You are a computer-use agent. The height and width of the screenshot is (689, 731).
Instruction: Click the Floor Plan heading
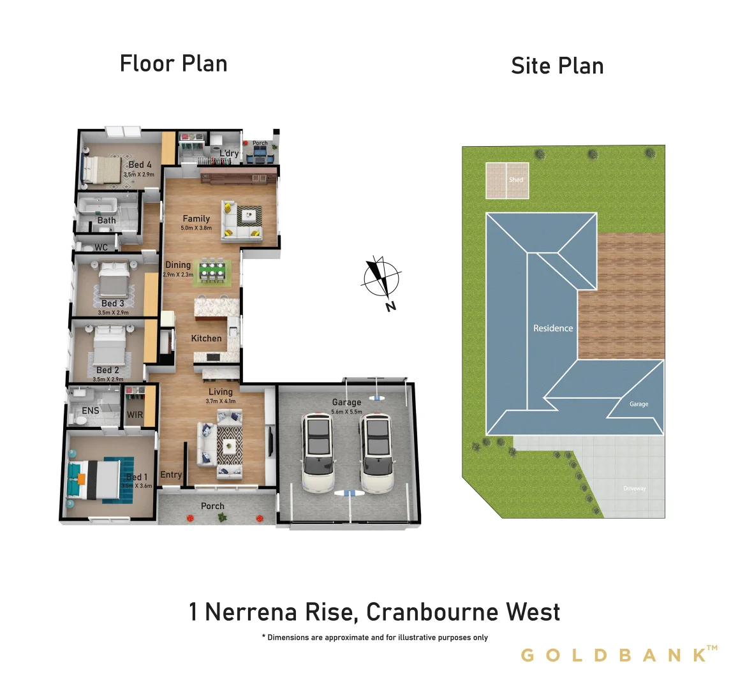point(174,64)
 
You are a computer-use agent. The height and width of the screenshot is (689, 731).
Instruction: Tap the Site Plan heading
point(557,66)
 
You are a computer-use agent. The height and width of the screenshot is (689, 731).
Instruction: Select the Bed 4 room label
point(140,165)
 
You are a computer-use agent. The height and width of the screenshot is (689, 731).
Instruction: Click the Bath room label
point(107,221)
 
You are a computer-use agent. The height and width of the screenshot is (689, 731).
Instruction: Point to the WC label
point(101,248)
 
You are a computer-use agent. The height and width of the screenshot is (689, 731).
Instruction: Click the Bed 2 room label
point(107,370)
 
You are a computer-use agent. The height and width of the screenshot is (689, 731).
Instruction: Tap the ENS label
point(91,411)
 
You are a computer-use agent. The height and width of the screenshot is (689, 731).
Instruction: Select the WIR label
point(135,415)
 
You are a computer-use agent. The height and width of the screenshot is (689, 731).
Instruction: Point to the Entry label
point(171,475)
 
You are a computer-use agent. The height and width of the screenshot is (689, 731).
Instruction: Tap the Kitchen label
point(207,338)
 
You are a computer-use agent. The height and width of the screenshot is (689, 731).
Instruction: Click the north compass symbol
point(381,279)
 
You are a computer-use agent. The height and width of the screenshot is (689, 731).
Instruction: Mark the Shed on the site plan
point(507,180)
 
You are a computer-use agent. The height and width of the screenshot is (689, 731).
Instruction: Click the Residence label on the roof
point(553,328)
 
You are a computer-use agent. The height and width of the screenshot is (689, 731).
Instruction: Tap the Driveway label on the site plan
point(634,489)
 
